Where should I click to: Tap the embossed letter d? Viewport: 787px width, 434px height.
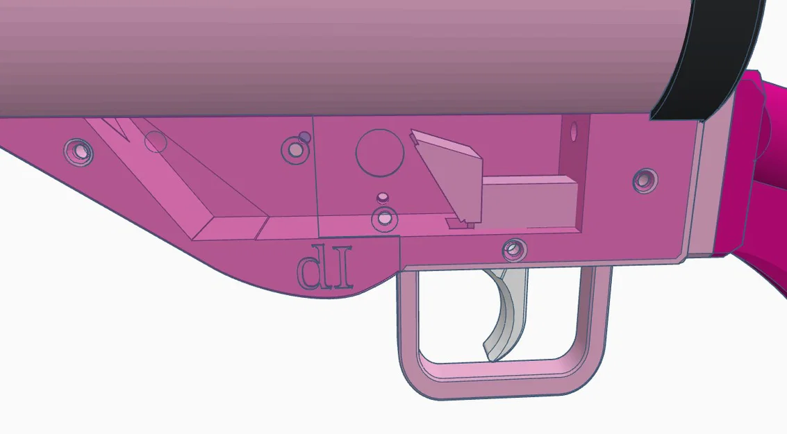click(310, 273)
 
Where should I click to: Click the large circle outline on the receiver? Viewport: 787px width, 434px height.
click(380, 152)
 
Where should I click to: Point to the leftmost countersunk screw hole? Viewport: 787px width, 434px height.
click(78, 151)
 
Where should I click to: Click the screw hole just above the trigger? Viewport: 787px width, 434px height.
click(514, 247)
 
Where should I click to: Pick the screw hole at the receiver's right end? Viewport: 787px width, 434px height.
click(645, 181)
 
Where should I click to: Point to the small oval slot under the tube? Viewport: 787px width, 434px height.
click(574, 131)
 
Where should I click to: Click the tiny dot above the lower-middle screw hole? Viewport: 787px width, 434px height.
click(381, 197)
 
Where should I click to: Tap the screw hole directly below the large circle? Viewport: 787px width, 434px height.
click(383, 219)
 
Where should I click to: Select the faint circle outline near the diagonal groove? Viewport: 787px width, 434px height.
click(156, 142)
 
